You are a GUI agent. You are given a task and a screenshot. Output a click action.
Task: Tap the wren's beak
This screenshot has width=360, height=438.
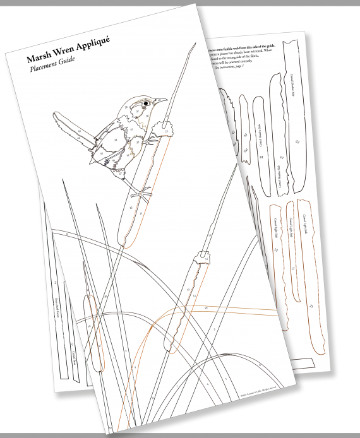coord(161,100)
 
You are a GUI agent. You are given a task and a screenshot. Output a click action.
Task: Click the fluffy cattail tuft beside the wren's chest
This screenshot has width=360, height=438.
coord(166,128)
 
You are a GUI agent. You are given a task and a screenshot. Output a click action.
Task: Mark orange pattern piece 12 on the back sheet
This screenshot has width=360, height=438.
coord(275,265)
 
